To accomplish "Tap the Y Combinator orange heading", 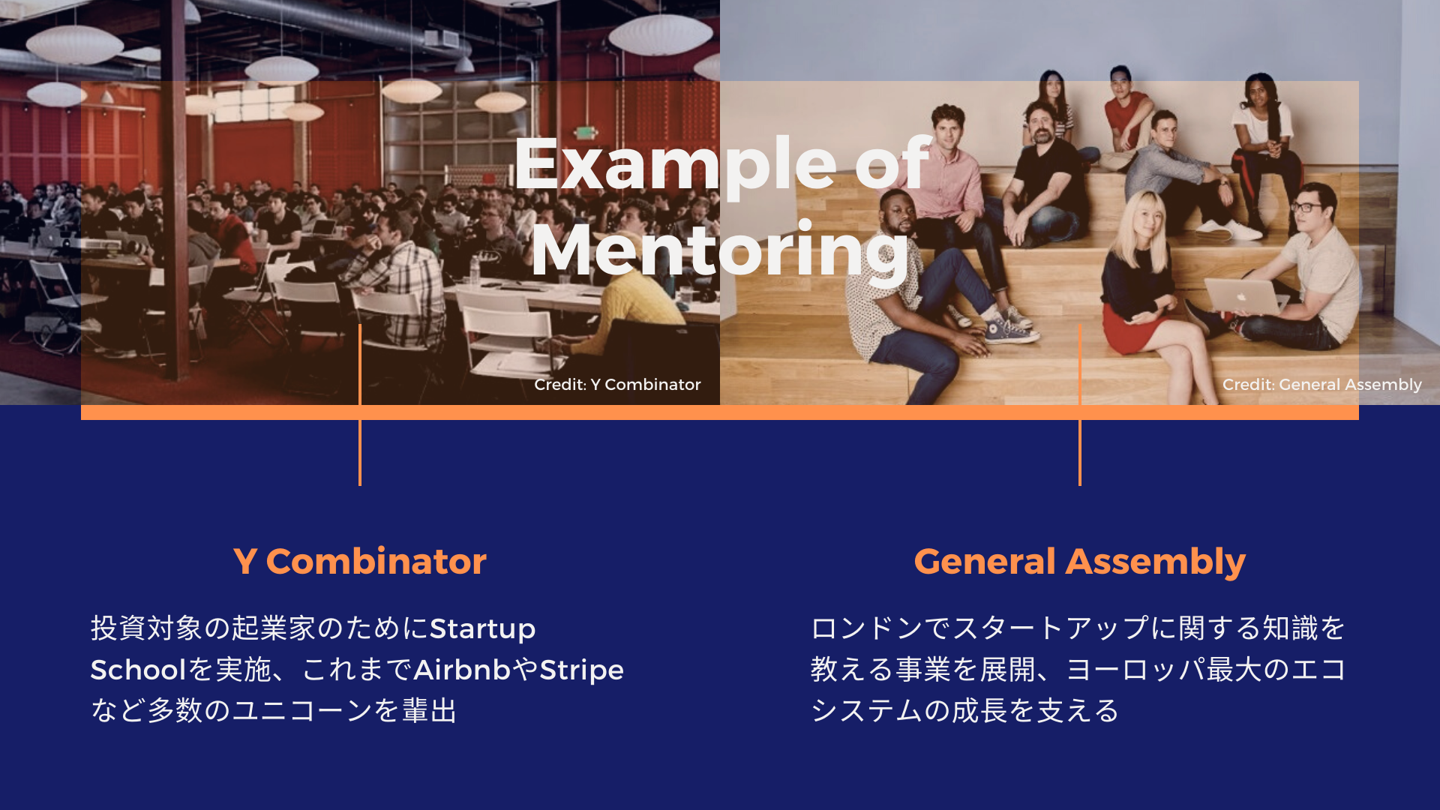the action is (360, 561).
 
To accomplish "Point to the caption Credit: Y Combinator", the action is (617, 385).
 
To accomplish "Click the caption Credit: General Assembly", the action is (1322, 385).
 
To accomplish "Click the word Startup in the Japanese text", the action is (483, 629).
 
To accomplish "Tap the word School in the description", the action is (138, 670).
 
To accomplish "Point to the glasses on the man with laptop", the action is (1306, 207).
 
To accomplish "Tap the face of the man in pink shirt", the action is (949, 136).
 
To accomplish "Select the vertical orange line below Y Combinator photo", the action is (360, 405).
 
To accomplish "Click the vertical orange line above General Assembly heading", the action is (1080, 405).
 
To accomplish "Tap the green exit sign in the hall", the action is (584, 133).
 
